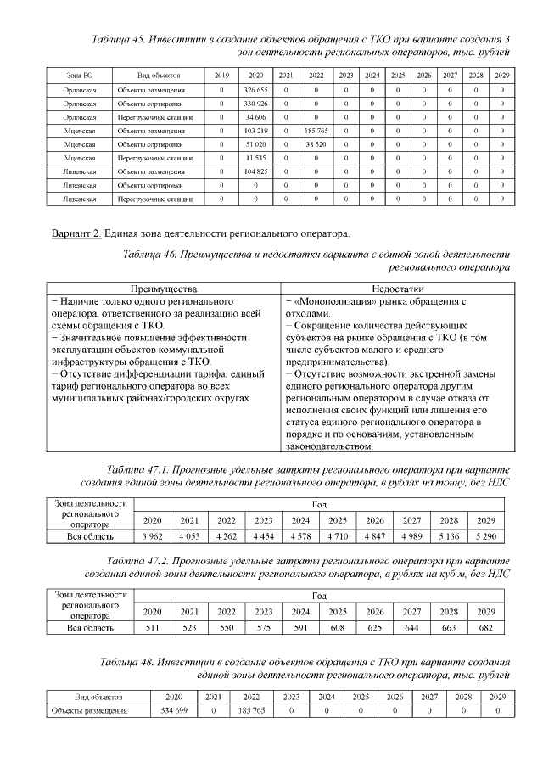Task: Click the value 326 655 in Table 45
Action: [255, 90]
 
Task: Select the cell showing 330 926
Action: [255, 104]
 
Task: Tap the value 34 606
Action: [255, 117]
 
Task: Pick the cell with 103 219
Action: [255, 131]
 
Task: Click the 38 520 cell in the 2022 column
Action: [316, 144]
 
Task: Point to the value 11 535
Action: [255, 158]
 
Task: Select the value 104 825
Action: [255, 171]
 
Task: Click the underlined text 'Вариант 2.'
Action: [76, 233]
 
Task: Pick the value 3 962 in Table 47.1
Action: [153, 536]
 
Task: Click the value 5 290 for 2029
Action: [486, 536]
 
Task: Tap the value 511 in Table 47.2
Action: [153, 627]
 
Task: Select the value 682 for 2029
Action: [486, 627]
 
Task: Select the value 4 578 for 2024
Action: [300, 536]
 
